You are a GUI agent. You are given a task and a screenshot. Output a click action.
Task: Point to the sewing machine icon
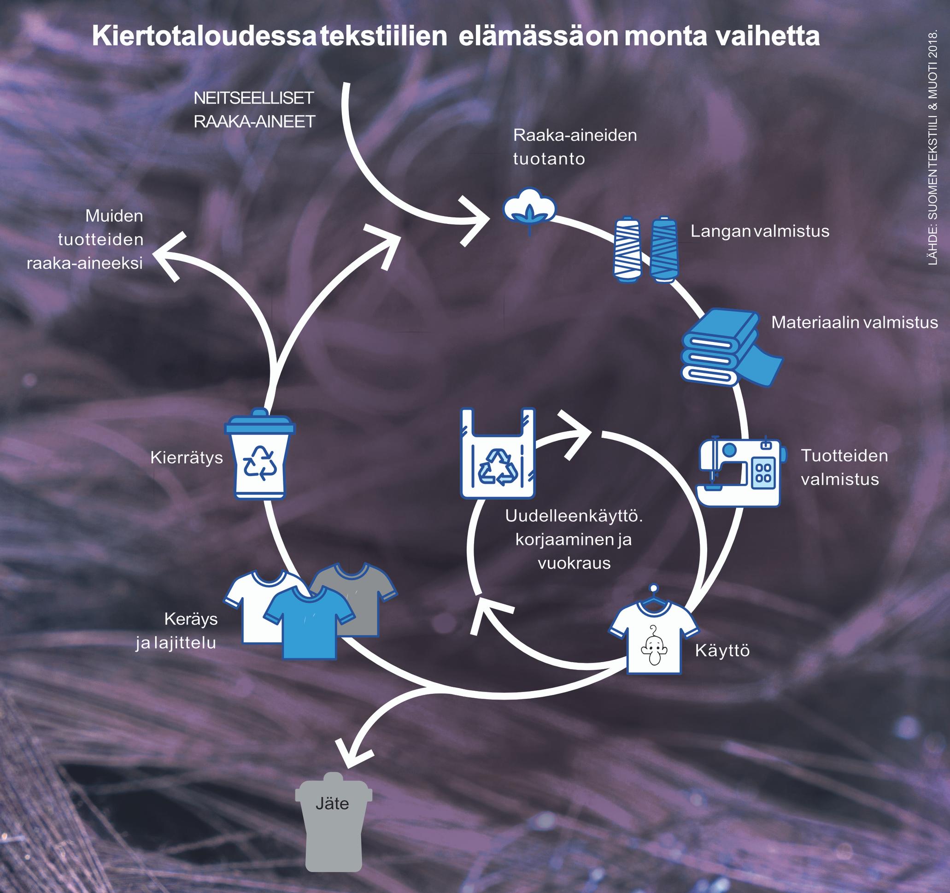pyautogui.click(x=740, y=470)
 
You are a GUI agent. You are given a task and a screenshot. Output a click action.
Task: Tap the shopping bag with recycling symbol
pyautogui.click(x=498, y=454)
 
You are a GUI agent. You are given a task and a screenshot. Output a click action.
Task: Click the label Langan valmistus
pyautogui.click(x=759, y=231)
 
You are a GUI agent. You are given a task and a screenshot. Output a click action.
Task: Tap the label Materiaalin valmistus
pyautogui.click(x=855, y=322)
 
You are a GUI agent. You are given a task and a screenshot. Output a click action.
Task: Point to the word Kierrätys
pyautogui.click(x=187, y=458)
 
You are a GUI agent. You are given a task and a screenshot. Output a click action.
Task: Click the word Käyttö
pyautogui.click(x=722, y=650)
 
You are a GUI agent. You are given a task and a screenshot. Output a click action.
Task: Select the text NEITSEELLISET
pyautogui.click(x=254, y=98)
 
